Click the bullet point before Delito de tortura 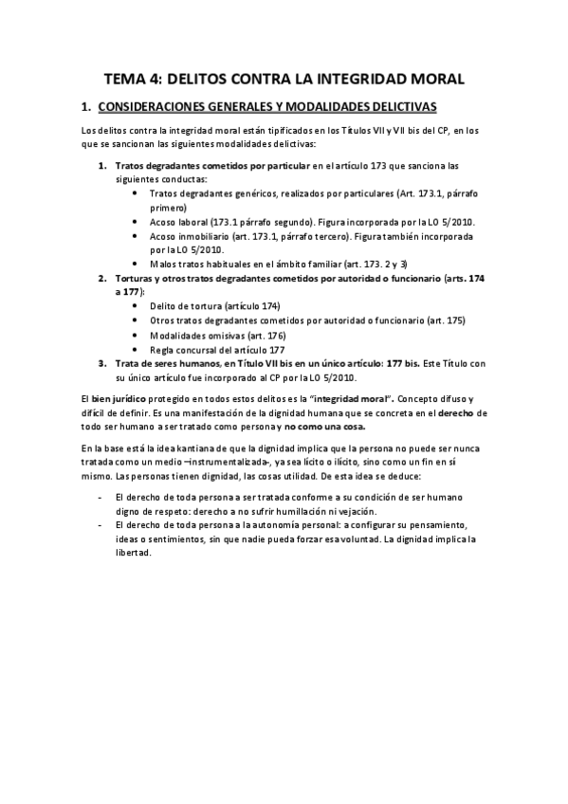point(138,306)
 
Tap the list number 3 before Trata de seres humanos point(102,363)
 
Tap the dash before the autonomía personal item point(100,524)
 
